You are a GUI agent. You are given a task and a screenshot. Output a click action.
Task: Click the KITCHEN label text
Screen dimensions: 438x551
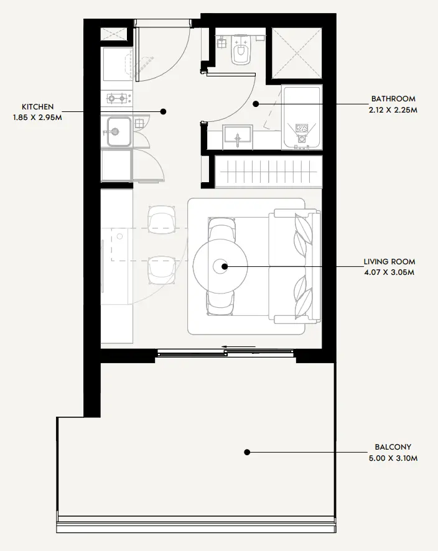click(x=37, y=107)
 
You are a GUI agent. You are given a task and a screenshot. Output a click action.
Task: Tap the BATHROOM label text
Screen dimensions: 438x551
click(x=393, y=99)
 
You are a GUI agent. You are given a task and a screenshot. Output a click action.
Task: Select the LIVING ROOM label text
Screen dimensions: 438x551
click(x=389, y=262)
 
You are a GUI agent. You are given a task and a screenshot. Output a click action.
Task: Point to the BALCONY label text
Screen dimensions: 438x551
click(x=393, y=447)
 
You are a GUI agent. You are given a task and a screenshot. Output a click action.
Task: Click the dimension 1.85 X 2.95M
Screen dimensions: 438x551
click(x=37, y=118)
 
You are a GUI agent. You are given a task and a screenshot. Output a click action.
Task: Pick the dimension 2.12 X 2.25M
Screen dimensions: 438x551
click(x=393, y=110)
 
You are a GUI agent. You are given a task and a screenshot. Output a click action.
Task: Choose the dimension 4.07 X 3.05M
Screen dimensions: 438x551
click(x=389, y=272)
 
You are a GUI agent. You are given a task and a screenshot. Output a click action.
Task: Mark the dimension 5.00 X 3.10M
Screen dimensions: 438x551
click(x=393, y=458)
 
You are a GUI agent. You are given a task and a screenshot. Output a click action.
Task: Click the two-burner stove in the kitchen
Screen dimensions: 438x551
click(x=117, y=98)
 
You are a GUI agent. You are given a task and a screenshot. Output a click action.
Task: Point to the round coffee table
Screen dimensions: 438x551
click(x=220, y=266)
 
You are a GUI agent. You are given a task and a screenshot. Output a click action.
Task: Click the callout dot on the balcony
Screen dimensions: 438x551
click(x=247, y=452)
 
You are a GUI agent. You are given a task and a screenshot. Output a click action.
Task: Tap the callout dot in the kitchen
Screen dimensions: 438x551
click(x=163, y=112)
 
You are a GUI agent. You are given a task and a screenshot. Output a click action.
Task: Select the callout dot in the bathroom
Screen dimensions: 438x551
click(x=256, y=104)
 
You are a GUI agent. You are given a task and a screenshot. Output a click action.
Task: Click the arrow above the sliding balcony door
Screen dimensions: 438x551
click(x=239, y=347)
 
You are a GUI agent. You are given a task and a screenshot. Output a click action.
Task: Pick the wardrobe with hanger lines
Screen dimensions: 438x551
click(x=269, y=172)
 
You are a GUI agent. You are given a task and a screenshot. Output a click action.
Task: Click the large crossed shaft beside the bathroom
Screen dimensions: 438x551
click(x=297, y=53)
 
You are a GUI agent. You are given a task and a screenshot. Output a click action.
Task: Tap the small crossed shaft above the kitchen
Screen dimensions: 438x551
click(x=113, y=34)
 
